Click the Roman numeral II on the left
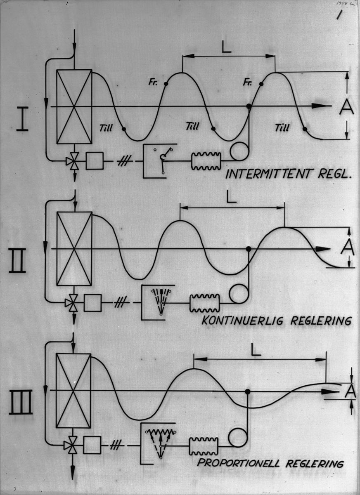click(x=18, y=260)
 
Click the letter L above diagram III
click(x=256, y=350)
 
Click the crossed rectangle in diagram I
click(x=74, y=106)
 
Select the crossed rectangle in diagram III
click(x=73, y=391)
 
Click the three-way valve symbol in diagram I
click(x=74, y=161)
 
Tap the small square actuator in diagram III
click(x=92, y=445)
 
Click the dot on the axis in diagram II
click(x=249, y=249)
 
